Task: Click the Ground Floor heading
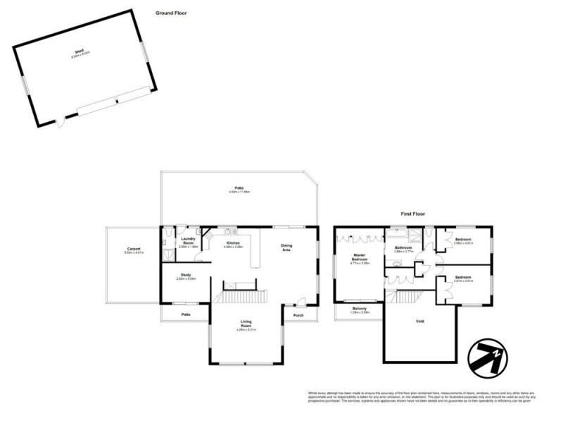click(x=171, y=13)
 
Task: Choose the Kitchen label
click(x=233, y=243)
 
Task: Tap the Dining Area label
click(x=286, y=248)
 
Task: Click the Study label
click(x=186, y=276)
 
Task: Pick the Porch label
click(x=298, y=315)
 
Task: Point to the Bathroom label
click(x=403, y=247)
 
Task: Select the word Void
click(x=419, y=321)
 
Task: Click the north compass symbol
click(x=486, y=354)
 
